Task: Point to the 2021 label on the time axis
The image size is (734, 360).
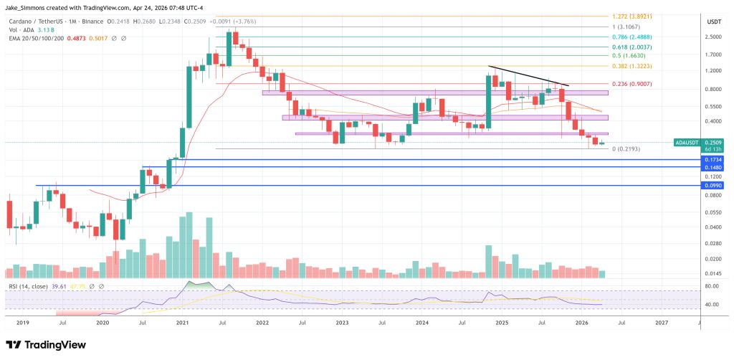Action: [x=182, y=323]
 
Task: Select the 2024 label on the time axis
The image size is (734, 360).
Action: [x=421, y=323]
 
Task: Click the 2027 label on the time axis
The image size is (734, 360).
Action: [x=661, y=323]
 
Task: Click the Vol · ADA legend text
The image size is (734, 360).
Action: [x=22, y=30]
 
